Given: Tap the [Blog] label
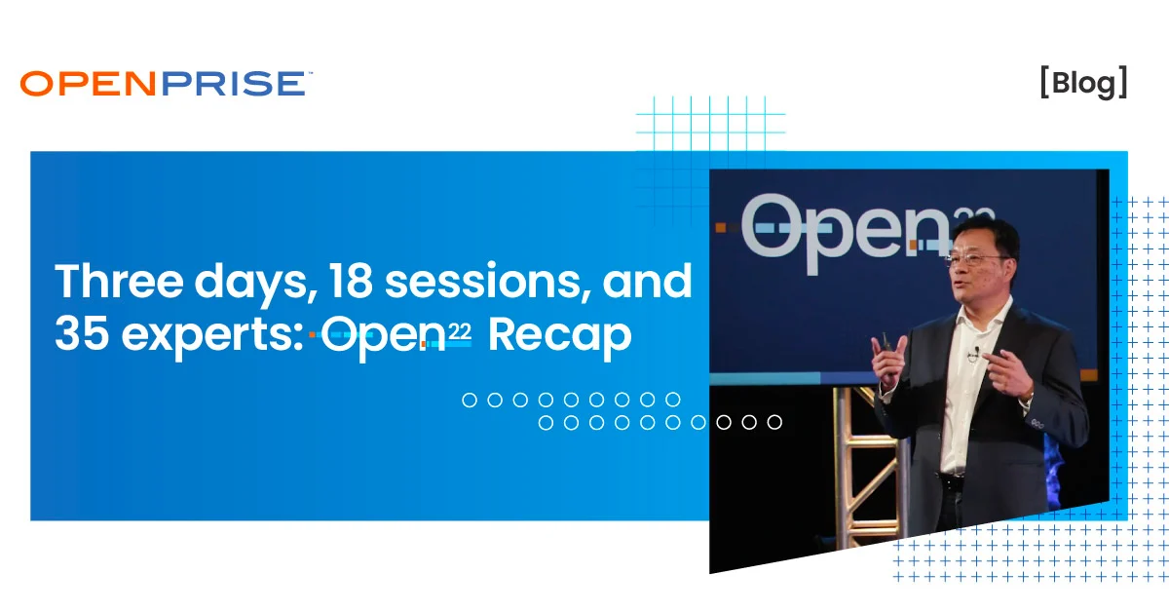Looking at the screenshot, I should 1083,84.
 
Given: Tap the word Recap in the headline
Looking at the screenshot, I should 559,336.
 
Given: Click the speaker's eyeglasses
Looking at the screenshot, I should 975,260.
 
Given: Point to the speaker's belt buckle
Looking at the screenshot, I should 950,480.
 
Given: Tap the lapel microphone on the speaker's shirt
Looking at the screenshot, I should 973,353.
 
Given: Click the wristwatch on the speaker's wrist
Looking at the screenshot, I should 1027,397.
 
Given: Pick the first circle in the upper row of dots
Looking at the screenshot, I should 470,400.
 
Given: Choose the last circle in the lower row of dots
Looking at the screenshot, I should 774,422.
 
